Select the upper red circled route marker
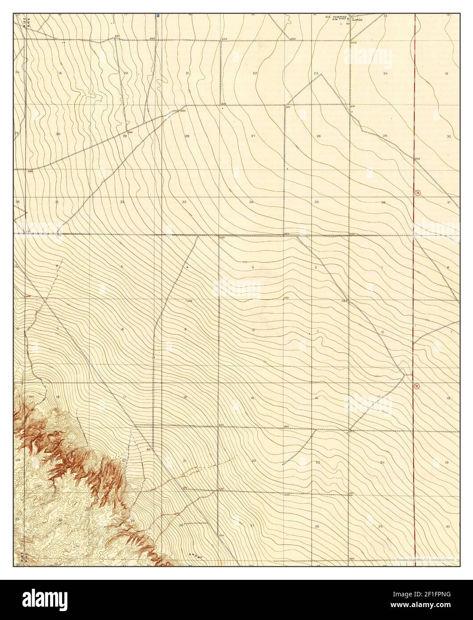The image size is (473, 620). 417,193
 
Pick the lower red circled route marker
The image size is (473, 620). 416,386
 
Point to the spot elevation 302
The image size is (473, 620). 286,298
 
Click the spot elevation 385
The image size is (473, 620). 286,427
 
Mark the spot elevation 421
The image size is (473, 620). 351,493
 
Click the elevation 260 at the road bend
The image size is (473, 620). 183,111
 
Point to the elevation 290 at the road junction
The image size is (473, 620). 130,132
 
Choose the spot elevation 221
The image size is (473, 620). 288,107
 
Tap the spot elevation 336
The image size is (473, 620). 189,302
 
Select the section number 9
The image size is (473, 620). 185,329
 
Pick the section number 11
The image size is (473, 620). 317,331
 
